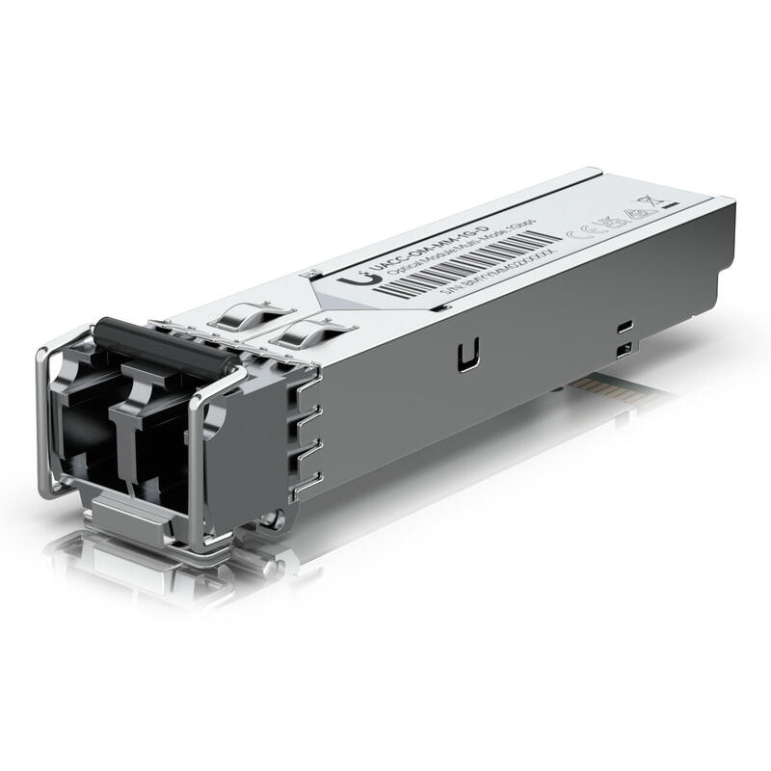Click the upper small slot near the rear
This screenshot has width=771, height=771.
pyautogui.click(x=625, y=325)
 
